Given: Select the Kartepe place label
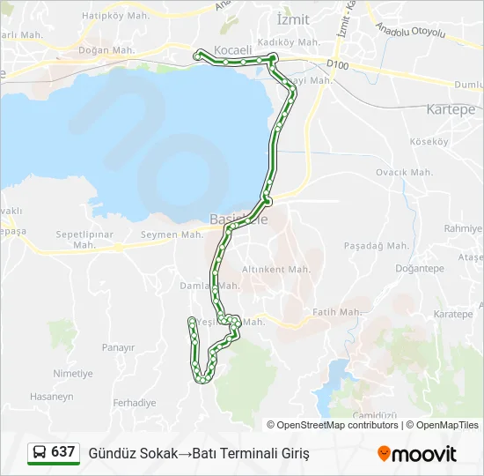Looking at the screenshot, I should (x=450, y=109).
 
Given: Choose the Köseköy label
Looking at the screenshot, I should (x=429, y=141).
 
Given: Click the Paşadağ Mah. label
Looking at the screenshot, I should (x=376, y=245).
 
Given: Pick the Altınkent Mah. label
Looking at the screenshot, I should (x=276, y=269).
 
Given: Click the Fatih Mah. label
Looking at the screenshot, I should (x=338, y=312).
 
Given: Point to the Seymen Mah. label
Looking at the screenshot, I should (x=172, y=234).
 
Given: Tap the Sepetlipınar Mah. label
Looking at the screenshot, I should (x=85, y=234).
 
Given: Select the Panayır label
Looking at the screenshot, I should (x=118, y=348).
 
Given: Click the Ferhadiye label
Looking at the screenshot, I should (x=135, y=402).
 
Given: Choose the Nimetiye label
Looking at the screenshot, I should (x=72, y=374).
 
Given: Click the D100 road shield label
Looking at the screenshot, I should (x=337, y=63).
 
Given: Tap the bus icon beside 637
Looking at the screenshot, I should (x=40, y=452).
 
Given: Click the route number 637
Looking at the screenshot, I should (x=62, y=451).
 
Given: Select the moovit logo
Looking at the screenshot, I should (x=417, y=453).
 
